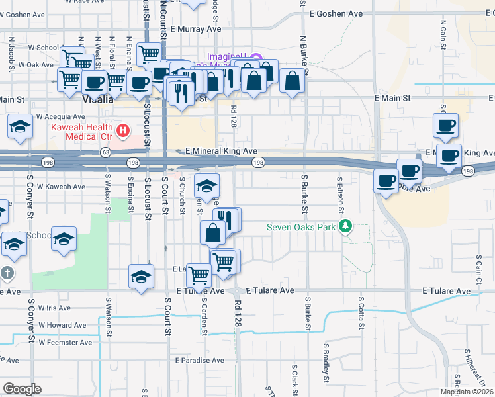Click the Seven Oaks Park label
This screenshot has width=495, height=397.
(301, 228)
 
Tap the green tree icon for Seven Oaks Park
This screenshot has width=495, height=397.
(344, 228)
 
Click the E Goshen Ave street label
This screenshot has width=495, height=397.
(336, 13)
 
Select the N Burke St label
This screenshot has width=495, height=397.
(304, 54)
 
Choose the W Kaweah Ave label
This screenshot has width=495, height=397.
(61, 187)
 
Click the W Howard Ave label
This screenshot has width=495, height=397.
(62, 325)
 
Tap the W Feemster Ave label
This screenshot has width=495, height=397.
(65, 343)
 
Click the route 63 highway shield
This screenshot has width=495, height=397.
(106, 152)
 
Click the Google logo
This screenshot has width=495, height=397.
(22, 389)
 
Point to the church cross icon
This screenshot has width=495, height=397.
(6, 273)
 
